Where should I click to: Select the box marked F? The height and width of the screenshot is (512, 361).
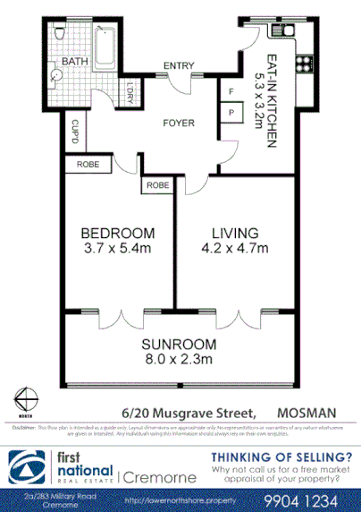pos(231,91)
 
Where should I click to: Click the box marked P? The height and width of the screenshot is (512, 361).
pos(231,113)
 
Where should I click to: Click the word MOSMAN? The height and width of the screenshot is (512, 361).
pos(308,413)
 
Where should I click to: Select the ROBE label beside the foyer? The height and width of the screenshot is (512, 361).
pos(155,186)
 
